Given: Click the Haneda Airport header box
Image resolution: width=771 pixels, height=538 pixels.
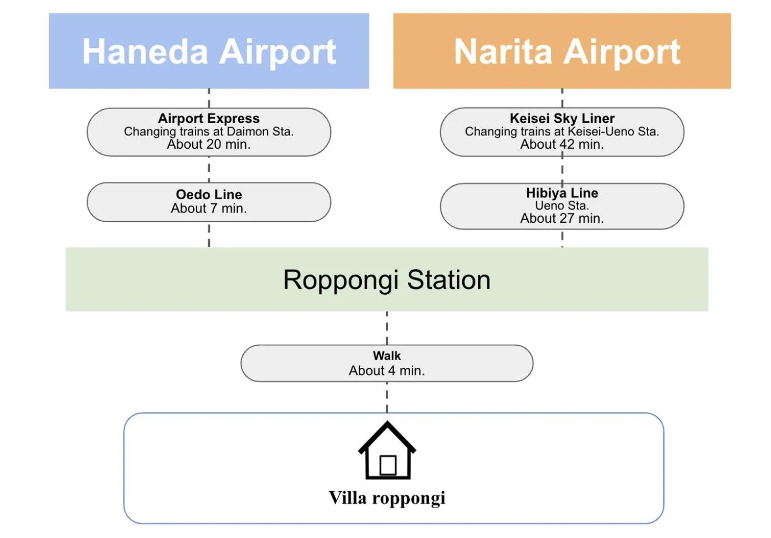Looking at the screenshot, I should tap(209, 51).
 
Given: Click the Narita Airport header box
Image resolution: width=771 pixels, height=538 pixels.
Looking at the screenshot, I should tap(562, 51).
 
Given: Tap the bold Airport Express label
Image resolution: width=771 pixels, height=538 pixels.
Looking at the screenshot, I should tap(209, 118).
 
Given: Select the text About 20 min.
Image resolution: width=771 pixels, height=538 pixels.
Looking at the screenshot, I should tap(209, 144).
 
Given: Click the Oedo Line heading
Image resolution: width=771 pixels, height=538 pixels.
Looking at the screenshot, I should tap(209, 194).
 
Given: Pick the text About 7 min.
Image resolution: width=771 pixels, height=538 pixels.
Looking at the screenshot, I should tap(209, 209).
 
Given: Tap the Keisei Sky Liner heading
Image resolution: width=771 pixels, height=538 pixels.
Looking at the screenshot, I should tap(562, 118).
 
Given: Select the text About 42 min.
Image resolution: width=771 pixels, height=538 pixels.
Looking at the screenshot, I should tap(562, 144).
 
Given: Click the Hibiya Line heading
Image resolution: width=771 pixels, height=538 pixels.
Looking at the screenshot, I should tap(562, 193).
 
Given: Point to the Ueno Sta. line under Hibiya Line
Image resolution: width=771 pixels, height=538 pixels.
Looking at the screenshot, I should tap(562, 205).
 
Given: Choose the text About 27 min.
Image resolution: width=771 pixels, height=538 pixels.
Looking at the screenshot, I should tap(562, 219).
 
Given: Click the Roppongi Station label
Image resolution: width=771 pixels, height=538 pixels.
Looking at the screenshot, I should tap(387, 280).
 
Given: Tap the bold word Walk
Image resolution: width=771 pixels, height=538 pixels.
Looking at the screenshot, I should tap(387, 356).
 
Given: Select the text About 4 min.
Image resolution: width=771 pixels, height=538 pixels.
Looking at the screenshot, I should tap(387, 371).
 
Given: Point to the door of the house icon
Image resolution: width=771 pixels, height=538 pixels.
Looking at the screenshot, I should tap(388, 465).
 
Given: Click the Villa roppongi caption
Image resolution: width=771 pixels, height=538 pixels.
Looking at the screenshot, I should tap(387, 498).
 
